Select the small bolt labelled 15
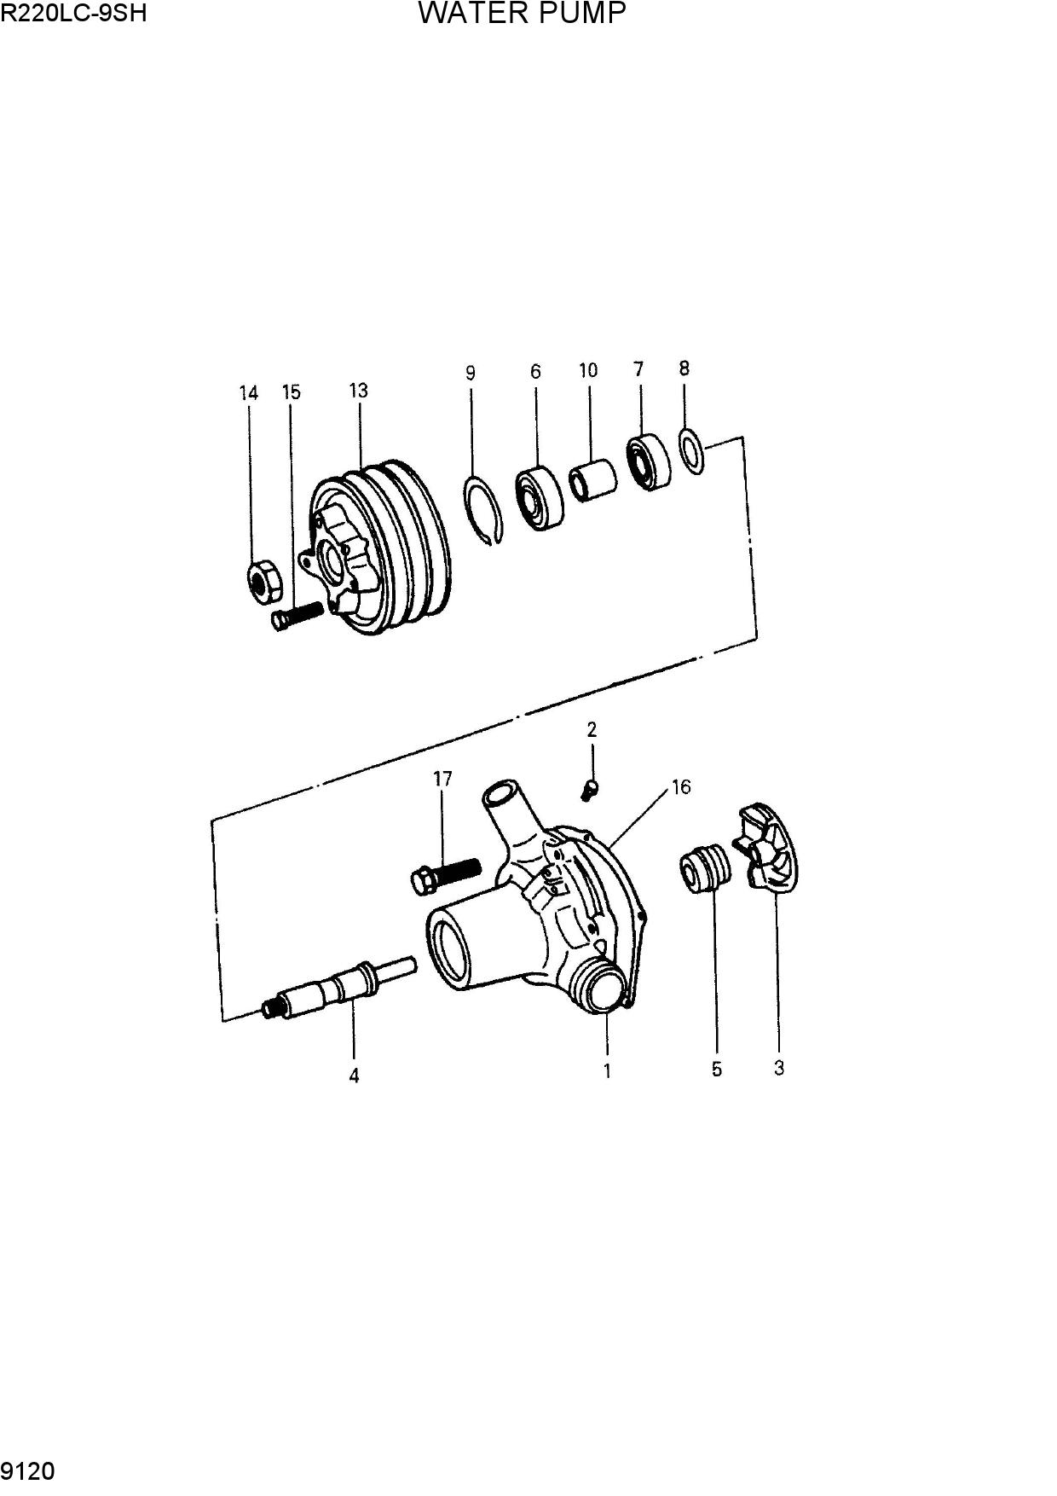tap(297, 614)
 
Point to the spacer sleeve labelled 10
tap(592, 481)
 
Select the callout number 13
tap(358, 391)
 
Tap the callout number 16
tap(681, 786)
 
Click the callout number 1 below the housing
tap(607, 1070)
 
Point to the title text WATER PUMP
tap(523, 13)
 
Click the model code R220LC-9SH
tap(74, 13)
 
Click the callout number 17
tap(442, 779)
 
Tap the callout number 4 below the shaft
tap(354, 1076)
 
